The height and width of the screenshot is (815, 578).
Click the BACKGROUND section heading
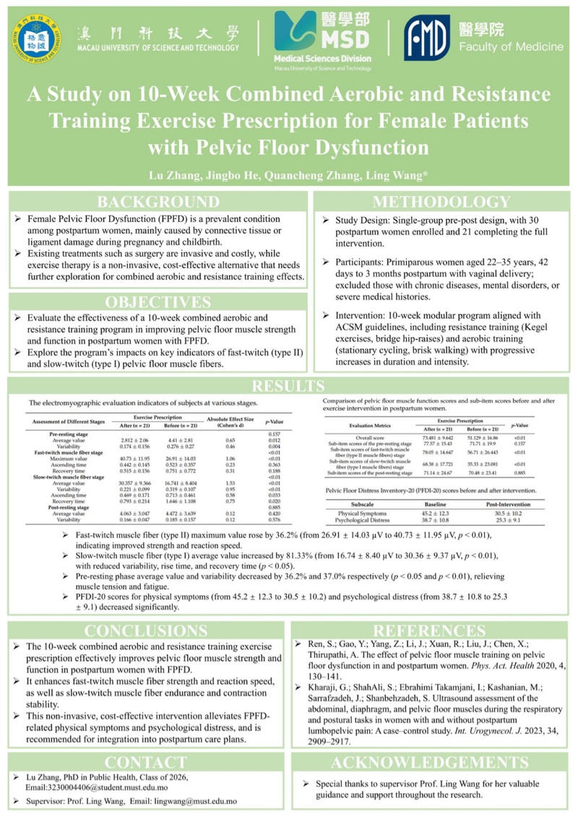pos(158,202)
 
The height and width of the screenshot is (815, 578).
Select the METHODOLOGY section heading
pos(441,202)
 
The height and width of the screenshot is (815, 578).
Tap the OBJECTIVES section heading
pos(158,302)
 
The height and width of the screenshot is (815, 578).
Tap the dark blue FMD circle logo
pos(427,37)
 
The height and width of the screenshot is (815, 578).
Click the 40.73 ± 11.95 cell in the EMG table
pos(131,458)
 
